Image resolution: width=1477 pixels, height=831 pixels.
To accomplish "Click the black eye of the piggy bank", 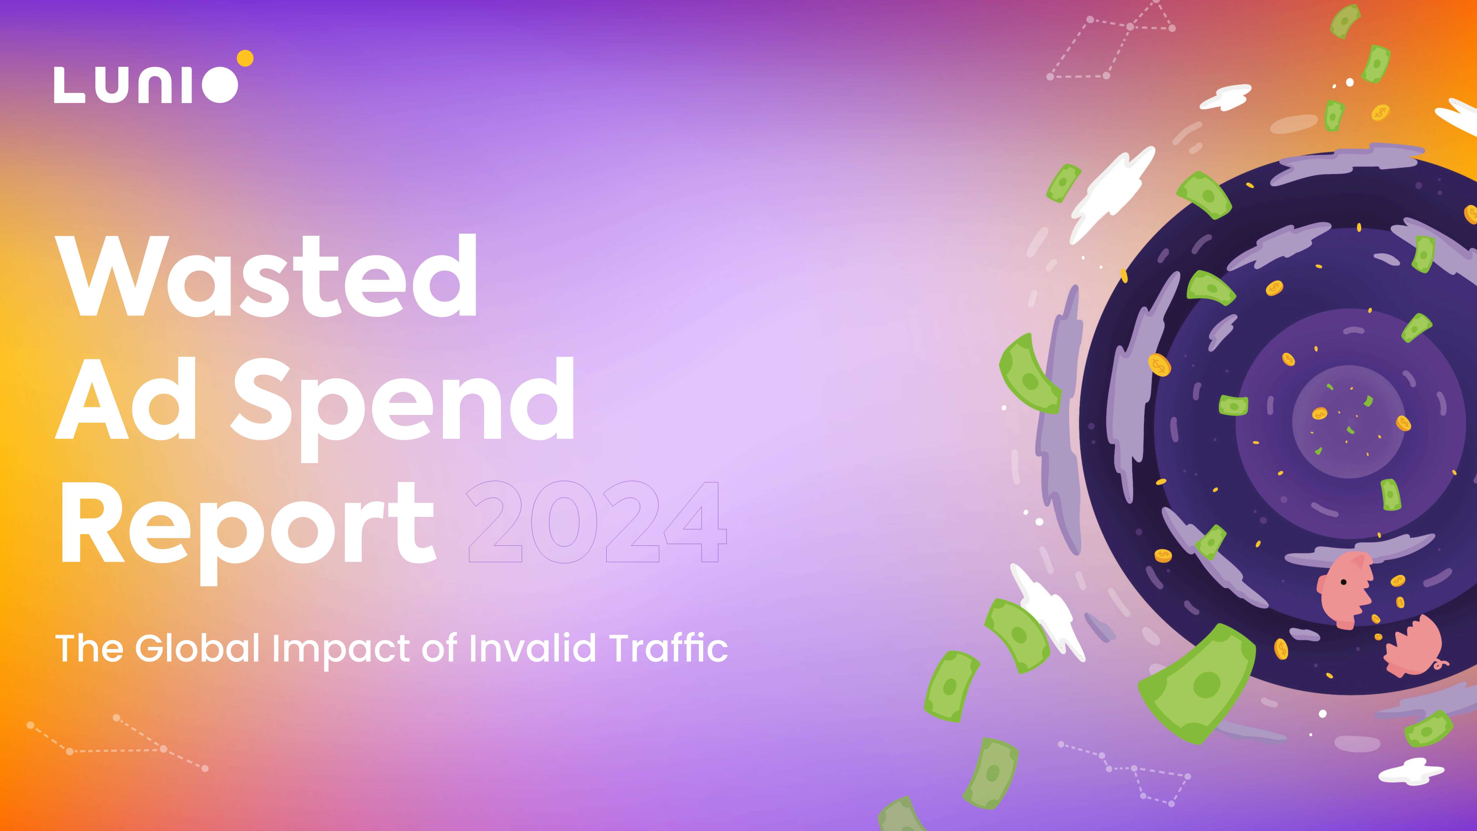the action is point(1344,583).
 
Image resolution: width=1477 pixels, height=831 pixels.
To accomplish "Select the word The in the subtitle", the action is point(89,648).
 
